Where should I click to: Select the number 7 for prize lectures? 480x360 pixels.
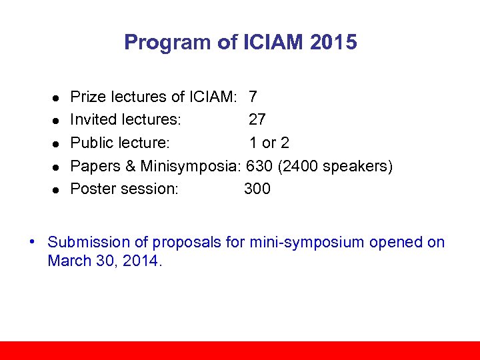click(x=253, y=97)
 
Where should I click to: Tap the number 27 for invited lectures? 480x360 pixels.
click(x=257, y=120)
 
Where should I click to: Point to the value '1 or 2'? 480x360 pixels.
click(x=269, y=143)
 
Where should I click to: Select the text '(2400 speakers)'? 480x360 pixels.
click(x=335, y=166)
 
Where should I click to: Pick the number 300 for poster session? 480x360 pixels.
click(x=257, y=189)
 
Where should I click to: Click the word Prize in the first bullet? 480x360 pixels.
click(x=87, y=97)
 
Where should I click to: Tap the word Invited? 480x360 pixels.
click(x=93, y=120)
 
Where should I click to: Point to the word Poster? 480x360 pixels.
click(x=92, y=189)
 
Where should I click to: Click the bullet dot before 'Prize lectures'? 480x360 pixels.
click(x=57, y=98)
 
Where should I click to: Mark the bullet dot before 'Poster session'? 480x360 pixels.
click(x=57, y=189)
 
